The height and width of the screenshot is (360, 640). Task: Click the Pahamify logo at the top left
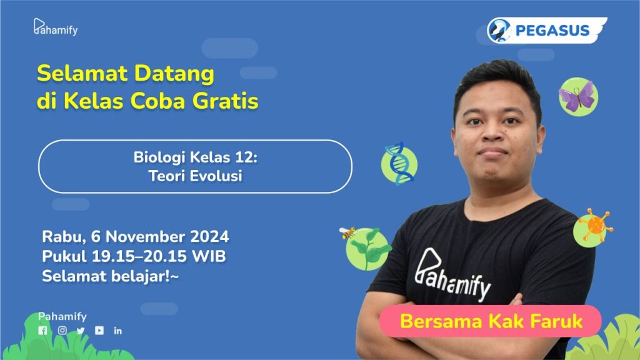[x=56, y=27]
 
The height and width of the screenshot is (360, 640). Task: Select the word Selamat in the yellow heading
[x=82, y=74]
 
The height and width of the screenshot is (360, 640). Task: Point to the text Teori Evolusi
[x=195, y=176]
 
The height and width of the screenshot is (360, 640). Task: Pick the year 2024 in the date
[x=209, y=237]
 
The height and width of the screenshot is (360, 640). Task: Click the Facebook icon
[x=43, y=331]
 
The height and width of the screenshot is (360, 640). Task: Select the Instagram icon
[x=62, y=331]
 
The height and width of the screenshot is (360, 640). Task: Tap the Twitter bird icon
[x=81, y=331]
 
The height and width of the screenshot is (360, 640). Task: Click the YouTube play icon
[x=99, y=330]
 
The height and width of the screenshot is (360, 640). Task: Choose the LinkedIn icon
[x=118, y=331]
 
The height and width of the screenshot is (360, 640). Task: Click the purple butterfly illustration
[x=577, y=97]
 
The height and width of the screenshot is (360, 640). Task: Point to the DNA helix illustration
[x=399, y=163]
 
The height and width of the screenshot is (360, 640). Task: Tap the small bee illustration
[x=347, y=232]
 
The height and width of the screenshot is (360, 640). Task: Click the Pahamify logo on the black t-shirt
[x=452, y=275]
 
